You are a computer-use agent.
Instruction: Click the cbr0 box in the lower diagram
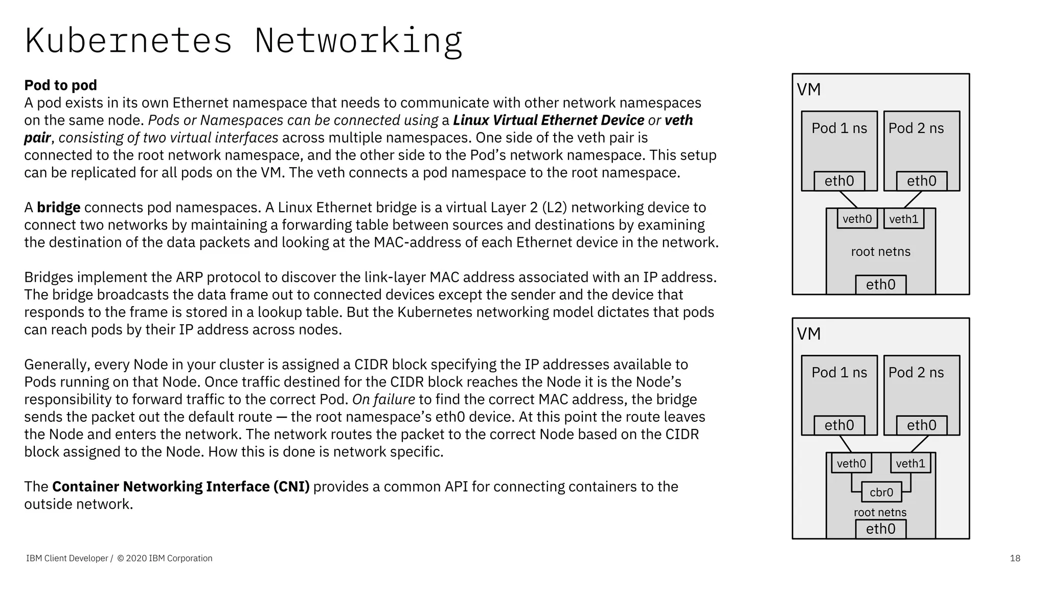881,492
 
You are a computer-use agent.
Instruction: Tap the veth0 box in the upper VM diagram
857,219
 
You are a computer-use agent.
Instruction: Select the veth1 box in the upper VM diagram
903,219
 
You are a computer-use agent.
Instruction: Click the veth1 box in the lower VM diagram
911,463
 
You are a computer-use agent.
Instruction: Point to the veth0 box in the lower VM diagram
851,463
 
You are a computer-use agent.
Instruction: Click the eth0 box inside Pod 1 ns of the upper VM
839,181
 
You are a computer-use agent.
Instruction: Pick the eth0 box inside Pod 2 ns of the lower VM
921,425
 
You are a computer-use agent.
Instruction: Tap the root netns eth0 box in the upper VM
880,285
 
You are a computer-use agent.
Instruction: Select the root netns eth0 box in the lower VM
880,529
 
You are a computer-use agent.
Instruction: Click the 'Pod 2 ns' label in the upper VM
916,128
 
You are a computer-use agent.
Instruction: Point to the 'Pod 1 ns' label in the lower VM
839,373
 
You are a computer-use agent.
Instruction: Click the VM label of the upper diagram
809,90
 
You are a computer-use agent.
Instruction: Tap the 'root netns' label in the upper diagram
880,252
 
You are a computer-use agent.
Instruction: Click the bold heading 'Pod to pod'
60,85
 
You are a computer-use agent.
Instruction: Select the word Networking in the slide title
358,41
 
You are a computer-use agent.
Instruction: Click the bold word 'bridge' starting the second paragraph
58,208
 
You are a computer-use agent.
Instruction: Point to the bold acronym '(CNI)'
291,487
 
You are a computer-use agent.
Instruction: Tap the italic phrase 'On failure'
383,399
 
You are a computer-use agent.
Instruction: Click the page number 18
1015,558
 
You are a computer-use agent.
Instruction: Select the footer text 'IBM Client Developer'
67,558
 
